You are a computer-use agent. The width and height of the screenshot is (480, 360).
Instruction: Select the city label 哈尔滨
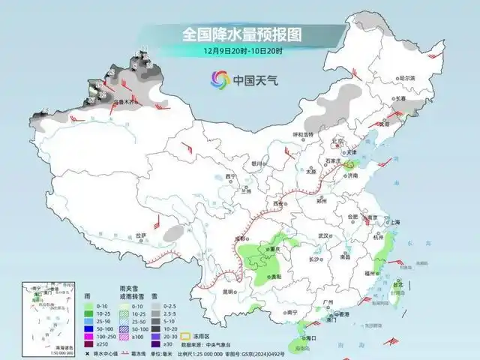click(x=406, y=78)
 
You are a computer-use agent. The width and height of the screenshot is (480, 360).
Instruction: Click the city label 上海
click(x=390, y=222)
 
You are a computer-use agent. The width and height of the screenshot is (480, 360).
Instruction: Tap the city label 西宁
click(x=230, y=176)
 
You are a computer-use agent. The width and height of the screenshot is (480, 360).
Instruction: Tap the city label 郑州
click(x=322, y=201)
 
